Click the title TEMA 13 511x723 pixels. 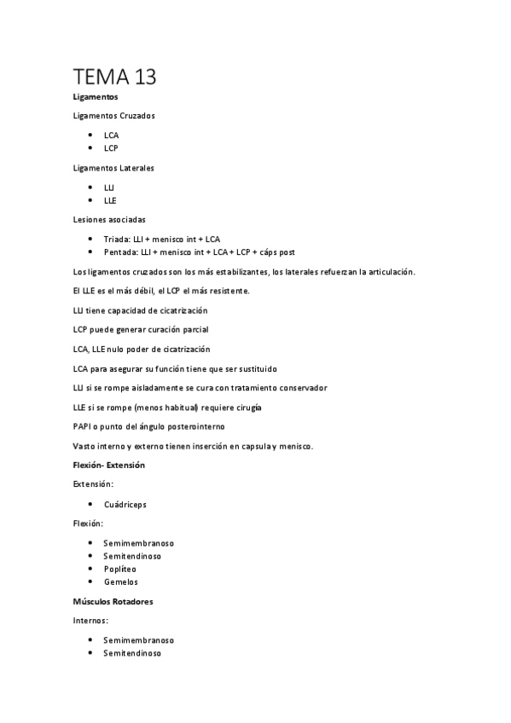[x=115, y=77]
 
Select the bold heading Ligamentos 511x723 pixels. [x=96, y=98]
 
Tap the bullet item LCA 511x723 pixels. [x=111, y=135]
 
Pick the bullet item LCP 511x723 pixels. [x=111, y=147]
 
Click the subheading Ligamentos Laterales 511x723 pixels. [x=113, y=168]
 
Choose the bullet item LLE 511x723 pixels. [x=110, y=200]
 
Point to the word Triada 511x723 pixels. [x=116, y=240]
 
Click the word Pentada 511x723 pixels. [x=119, y=252]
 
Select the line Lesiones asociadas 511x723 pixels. [x=109, y=220]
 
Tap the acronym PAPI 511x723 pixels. [x=84, y=426]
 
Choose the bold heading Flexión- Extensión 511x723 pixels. [x=109, y=466]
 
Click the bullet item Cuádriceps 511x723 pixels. [x=125, y=504]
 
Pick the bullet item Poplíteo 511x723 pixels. [x=119, y=569]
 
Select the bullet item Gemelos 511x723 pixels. [x=120, y=581]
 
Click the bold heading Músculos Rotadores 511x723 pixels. [x=113, y=601]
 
